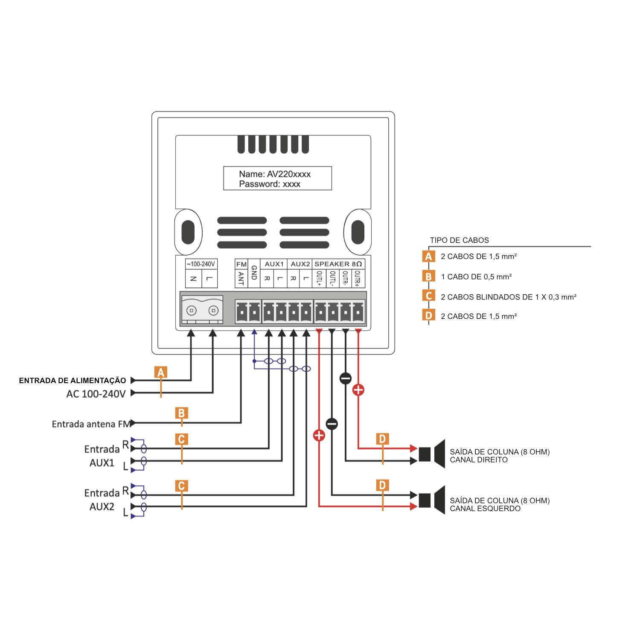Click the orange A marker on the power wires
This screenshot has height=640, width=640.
click(x=161, y=372)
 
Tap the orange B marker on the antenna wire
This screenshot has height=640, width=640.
click(x=181, y=413)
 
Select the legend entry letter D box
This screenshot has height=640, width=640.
click(x=428, y=316)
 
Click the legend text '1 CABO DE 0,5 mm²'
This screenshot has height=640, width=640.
click(x=476, y=277)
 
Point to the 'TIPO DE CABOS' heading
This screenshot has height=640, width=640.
click(x=459, y=240)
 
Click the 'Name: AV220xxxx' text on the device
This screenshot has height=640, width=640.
click(x=275, y=174)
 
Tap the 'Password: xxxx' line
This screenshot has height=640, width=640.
click(x=270, y=184)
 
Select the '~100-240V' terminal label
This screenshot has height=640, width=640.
click(x=201, y=264)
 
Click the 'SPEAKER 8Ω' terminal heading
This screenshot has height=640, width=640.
click(x=338, y=264)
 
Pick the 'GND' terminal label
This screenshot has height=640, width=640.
click(x=254, y=273)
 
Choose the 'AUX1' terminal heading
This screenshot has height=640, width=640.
click(x=274, y=264)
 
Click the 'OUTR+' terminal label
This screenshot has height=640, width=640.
click(x=358, y=278)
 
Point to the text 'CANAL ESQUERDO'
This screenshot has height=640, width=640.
click(x=485, y=509)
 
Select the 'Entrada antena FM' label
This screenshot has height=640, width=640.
click(x=90, y=424)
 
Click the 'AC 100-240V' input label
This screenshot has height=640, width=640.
click(x=96, y=394)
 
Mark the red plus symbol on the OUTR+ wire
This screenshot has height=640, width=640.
click(x=358, y=390)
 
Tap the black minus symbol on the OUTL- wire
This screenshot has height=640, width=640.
click(x=332, y=424)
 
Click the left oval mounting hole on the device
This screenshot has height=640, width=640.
click(x=188, y=232)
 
